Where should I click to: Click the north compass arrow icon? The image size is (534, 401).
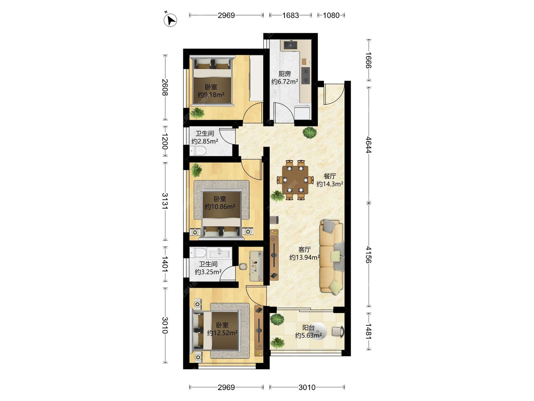click(170, 20)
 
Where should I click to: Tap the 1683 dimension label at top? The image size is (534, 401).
click(290, 15)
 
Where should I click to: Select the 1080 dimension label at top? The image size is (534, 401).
click(331, 15)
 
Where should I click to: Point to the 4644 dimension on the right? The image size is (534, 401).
click(369, 145)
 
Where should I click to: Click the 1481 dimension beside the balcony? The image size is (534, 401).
click(369, 331)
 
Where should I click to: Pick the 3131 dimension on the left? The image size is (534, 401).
click(165, 201)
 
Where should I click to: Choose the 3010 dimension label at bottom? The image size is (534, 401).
click(307, 387)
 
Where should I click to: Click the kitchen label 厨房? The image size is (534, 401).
click(285, 74)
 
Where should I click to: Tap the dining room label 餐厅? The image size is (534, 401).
click(330, 176)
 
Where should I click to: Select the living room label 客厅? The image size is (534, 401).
click(304, 250)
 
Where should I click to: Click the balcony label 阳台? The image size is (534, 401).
click(308, 327)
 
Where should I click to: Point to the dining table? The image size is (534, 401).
click(295, 180)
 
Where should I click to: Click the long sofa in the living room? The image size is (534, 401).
click(332, 256)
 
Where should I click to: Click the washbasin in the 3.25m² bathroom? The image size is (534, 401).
click(219, 253)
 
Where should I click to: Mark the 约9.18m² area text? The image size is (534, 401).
click(211, 95)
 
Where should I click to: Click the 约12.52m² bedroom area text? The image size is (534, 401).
click(222, 333)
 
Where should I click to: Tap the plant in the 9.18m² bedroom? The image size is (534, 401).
click(197, 113)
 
